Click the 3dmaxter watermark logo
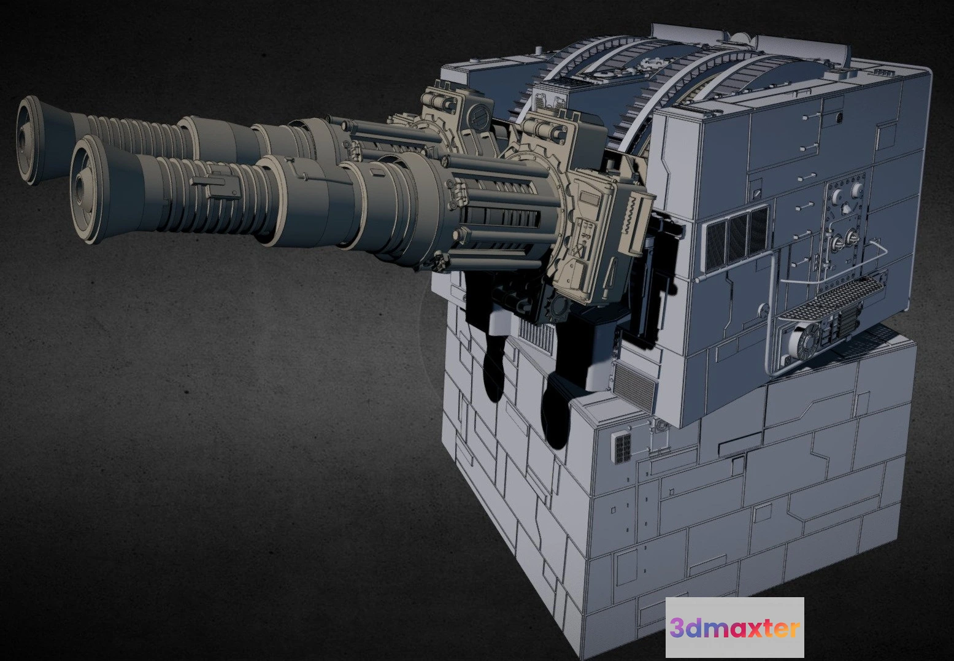coord(734,627)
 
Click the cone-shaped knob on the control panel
coord(847,209)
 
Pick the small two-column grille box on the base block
coord(623,448)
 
